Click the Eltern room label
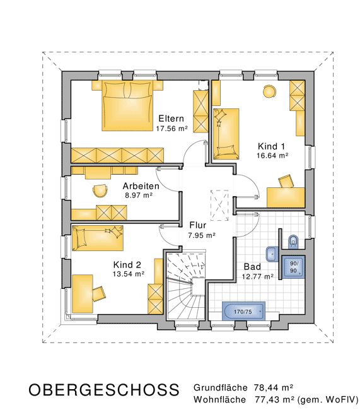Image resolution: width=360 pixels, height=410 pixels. [171, 119]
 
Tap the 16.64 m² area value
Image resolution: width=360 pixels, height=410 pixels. [272, 156]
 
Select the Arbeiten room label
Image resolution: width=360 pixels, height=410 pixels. [141, 186]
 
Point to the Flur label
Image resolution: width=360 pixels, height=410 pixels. [198, 225]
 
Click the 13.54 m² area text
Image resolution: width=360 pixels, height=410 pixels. [129, 274]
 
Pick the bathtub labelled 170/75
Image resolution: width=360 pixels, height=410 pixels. [243, 311]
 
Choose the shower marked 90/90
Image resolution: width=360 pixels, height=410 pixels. [293, 267]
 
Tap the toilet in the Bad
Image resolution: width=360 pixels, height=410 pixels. [293, 242]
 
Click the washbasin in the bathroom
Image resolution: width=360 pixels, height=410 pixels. [272, 254]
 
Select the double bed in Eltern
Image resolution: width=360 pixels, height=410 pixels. [127, 105]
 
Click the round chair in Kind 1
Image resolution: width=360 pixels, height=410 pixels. [269, 91]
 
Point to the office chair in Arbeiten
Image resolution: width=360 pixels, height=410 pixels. [100, 190]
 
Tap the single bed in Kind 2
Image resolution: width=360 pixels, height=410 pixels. [98, 238]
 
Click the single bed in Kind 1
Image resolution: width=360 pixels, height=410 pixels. [226, 134]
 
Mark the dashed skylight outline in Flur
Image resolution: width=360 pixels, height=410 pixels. [219, 206]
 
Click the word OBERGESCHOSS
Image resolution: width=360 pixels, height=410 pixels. [104, 390]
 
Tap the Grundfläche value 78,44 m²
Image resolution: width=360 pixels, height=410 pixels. [273, 387]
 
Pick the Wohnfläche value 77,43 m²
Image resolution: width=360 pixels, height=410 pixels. [274, 399]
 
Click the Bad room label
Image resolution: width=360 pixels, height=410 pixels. [252, 267]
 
